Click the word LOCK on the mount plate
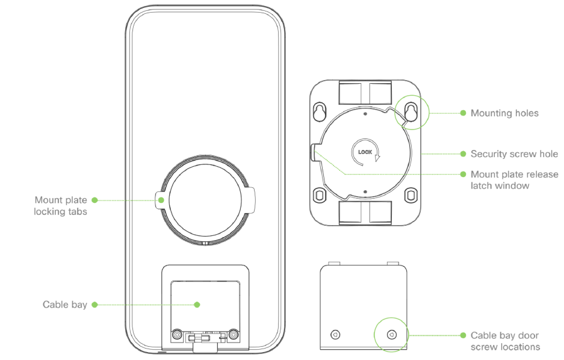click(365, 152)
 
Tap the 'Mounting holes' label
click(504, 113)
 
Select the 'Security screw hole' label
click(515, 154)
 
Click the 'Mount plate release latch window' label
click(515, 180)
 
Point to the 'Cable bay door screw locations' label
click(505, 341)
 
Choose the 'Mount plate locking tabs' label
click(60, 206)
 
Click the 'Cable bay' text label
click(65, 305)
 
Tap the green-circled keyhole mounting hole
click(412, 112)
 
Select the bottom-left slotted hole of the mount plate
click(320, 195)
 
